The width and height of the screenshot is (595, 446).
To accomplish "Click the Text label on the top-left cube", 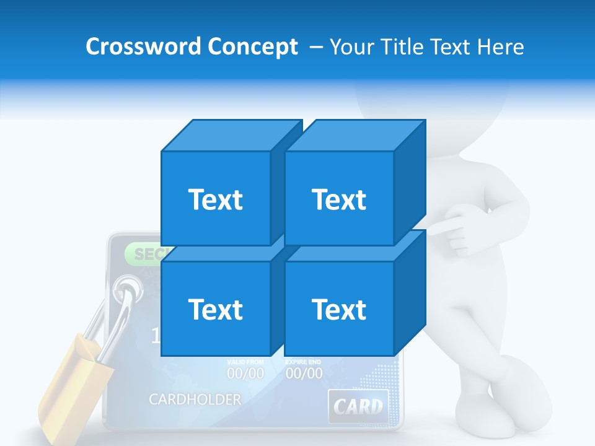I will pyautogui.click(x=215, y=199).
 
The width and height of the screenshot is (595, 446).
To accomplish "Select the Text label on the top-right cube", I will pyautogui.click(x=339, y=199).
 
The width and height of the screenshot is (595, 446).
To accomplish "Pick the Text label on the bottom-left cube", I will pyautogui.click(x=215, y=309).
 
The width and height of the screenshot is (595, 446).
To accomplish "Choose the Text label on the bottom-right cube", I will pyautogui.click(x=339, y=309).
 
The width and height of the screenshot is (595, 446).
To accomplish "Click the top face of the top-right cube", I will pyautogui.click(x=355, y=135).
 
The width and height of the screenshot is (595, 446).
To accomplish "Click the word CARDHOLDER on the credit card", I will pyautogui.click(x=195, y=400).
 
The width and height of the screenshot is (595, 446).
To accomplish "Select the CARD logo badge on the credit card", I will pyautogui.click(x=358, y=406).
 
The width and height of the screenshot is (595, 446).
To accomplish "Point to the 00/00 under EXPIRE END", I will pyautogui.click(x=304, y=374).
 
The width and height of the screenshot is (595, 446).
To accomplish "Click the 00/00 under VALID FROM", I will pyautogui.click(x=245, y=374).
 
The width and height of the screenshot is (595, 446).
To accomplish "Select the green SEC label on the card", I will pyautogui.click(x=144, y=253).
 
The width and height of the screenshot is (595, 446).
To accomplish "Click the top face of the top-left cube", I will pyautogui.click(x=231, y=135).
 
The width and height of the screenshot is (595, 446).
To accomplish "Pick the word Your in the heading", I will pyautogui.click(x=352, y=46).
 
